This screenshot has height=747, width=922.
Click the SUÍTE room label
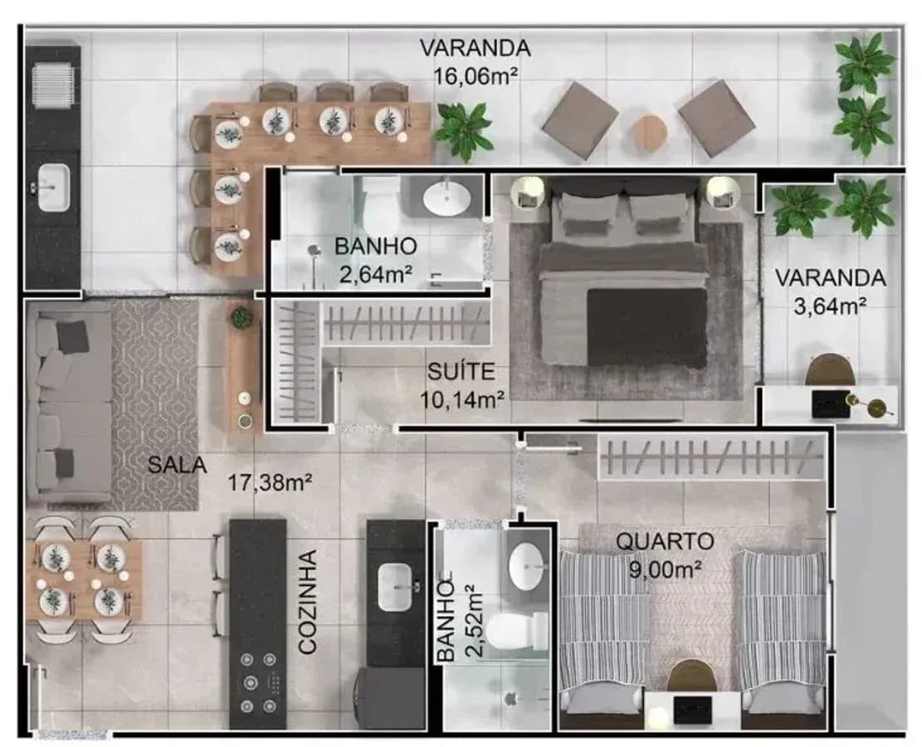[461, 372]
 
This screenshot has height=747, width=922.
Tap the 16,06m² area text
[476, 76]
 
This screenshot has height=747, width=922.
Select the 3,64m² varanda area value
[830, 306]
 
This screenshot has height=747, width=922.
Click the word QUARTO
[665, 541]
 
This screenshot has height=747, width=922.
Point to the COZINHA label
[308, 602]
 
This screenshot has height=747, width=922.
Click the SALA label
[177, 466]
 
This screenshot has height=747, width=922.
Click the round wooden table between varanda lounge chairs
[649, 133]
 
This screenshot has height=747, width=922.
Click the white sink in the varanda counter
[53, 188]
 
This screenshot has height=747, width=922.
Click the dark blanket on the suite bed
[646, 327]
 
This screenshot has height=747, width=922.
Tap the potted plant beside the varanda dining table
[464, 130]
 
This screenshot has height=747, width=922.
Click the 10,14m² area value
[462, 400]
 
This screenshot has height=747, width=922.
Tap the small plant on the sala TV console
[241, 317]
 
